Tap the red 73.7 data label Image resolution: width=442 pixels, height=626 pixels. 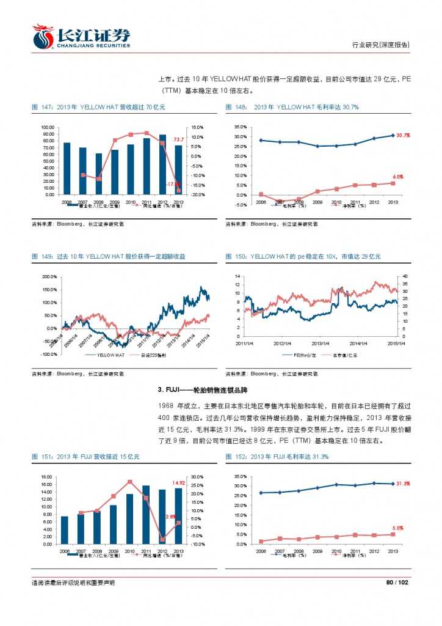[x=179, y=140]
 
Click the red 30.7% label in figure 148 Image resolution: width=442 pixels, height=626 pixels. [x=402, y=135]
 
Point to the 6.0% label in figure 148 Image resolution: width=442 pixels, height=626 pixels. [x=397, y=176]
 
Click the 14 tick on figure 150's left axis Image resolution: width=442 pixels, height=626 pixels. [x=239, y=276]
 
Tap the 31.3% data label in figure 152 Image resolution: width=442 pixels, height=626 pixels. [x=402, y=484]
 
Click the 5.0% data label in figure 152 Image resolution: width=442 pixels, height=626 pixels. [x=397, y=528]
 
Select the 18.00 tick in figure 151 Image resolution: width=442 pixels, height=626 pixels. [x=46, y=476]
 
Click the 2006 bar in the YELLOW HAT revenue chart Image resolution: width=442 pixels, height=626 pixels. [x=67, y=168]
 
